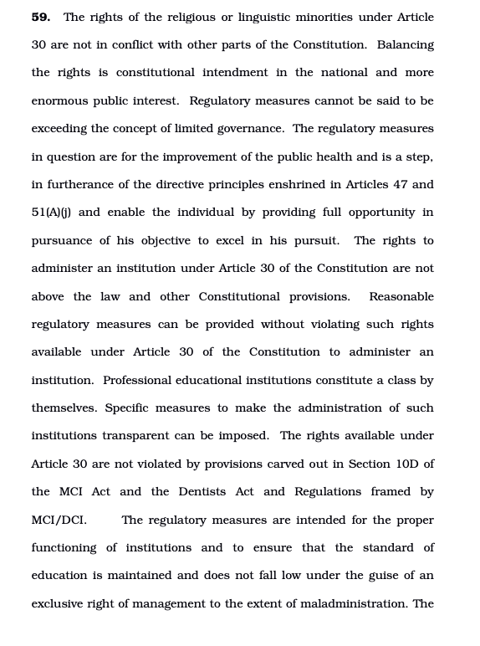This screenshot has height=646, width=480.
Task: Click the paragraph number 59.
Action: pyautogui.click(x=40, y=17)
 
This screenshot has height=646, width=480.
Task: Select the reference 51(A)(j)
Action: pyautogui.click(x=51, y=213)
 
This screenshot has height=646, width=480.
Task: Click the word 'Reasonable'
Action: pyautogui.click(x=401, y=296)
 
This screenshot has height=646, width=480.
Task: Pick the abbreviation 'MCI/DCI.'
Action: pyautogui.click(x=59, y=520)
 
